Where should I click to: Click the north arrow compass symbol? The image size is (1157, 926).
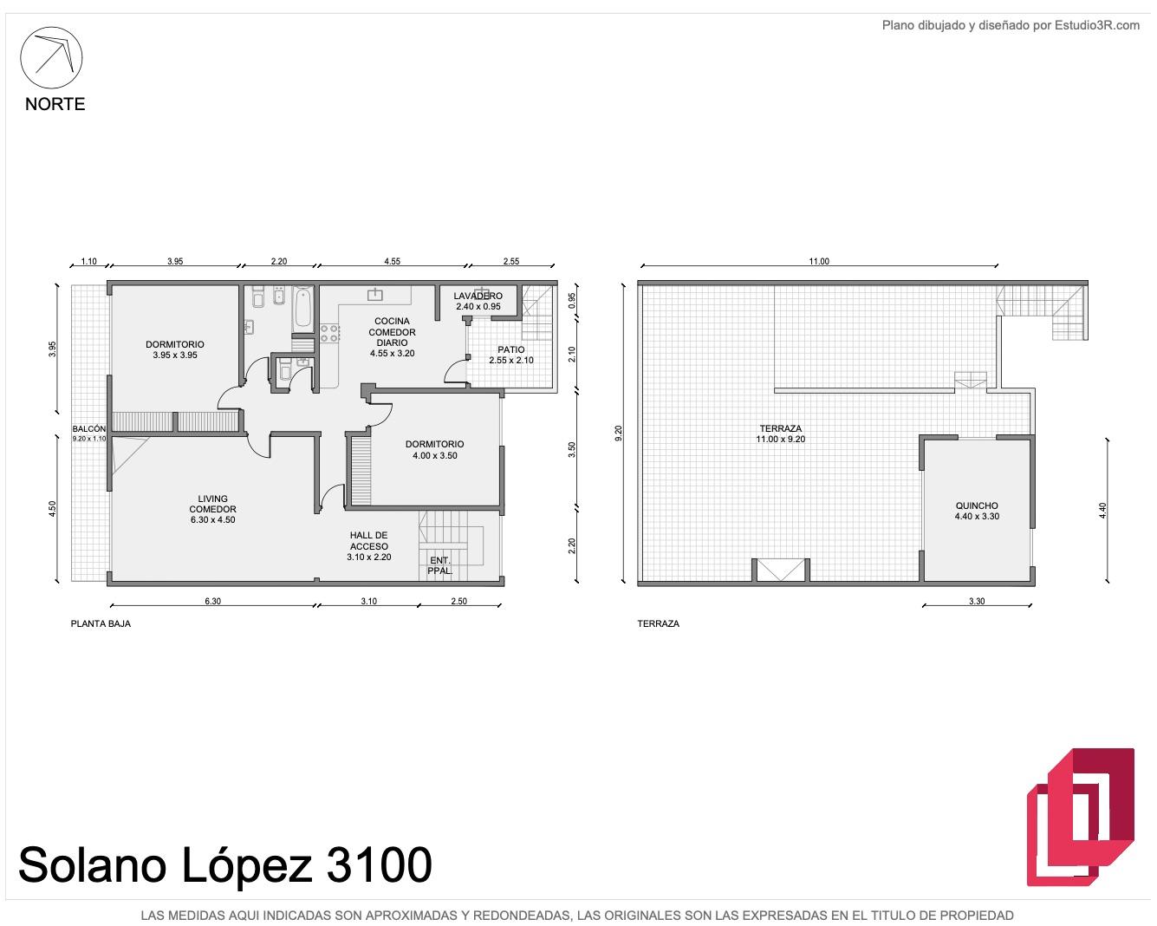(51, 57)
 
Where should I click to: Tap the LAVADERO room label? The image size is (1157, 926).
(478, 296)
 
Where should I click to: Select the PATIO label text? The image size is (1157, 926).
(510, 349)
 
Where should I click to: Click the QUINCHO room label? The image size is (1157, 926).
(977, 505)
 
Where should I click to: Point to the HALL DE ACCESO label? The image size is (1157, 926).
(369, 541)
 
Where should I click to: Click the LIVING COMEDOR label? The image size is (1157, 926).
(212, 504)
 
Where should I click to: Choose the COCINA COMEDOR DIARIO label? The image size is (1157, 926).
(392, 332)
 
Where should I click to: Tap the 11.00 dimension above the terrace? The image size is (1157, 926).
(819, 262)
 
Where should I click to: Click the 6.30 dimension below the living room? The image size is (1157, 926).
(212, 602)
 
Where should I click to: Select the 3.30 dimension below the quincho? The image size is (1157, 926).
(977, 602)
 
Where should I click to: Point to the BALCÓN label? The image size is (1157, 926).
(89, 429)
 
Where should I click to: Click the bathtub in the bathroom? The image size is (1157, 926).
(302, 309)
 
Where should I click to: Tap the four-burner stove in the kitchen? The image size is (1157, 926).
(329, 333)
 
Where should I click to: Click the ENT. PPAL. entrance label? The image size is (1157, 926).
(439, 565)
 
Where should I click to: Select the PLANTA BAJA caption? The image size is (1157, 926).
(101, 624)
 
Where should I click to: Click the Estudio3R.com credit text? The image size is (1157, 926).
(1097, 25)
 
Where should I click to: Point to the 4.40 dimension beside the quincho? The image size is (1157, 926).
(1102, 511)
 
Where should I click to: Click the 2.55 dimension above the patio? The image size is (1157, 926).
(510, 262)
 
